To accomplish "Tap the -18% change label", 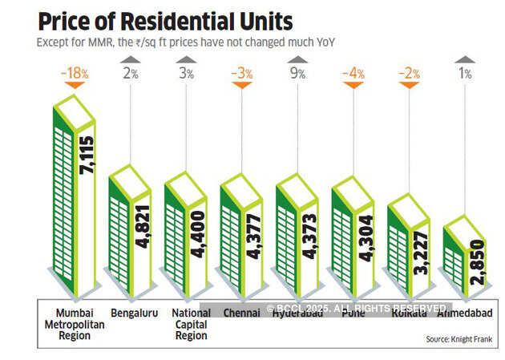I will tap(74, 74).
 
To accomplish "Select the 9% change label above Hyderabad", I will tap(297, 74).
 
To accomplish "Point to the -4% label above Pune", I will tap(353, 74).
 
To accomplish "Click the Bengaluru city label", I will tap(133, 313).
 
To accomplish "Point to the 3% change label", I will tap(185, 74).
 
